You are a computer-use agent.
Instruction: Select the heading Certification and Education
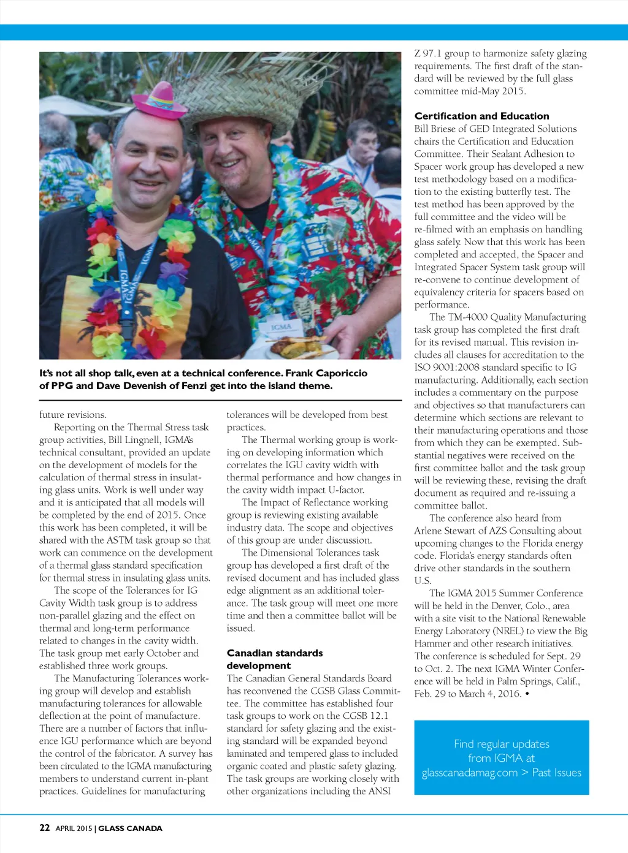481,116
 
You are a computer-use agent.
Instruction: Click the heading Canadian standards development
274,659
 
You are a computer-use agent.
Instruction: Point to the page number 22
45,828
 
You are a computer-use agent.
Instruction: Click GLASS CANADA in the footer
130,828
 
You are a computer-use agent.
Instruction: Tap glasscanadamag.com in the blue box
469,773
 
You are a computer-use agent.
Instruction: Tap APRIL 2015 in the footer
74,828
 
